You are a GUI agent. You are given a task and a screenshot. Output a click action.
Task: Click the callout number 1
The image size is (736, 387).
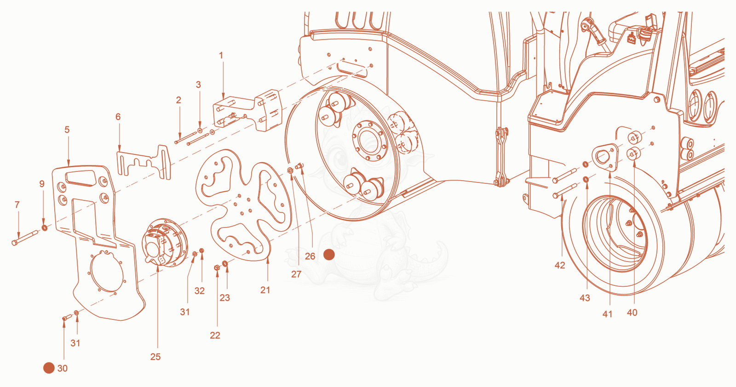[221, 56]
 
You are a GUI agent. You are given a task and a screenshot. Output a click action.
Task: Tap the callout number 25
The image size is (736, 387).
[155, 357]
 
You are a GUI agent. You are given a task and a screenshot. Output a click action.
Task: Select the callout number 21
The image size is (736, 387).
[265, 290]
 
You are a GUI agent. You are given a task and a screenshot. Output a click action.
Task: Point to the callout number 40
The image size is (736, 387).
[632, 313]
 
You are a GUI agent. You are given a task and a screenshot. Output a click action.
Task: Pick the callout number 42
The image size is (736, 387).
[560, 265]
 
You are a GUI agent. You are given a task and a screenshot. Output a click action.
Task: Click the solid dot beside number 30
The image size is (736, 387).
[49, 368]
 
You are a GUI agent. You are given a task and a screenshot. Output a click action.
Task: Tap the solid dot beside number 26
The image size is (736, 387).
[329, 254]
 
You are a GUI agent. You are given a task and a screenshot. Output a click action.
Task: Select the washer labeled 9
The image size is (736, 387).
[44, 228]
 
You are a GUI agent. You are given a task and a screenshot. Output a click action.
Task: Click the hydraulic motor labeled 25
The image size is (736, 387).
[165, 242]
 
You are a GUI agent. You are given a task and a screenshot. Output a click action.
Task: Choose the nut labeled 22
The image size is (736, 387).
[217, 268]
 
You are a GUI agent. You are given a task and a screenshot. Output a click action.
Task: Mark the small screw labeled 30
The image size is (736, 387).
[67, 318]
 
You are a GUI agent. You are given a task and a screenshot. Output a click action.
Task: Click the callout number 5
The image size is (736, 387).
[67, 130]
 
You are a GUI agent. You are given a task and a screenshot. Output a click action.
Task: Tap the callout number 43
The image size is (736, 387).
[585, 298]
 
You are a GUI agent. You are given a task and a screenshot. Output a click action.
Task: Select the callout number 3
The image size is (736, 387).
[198, 85]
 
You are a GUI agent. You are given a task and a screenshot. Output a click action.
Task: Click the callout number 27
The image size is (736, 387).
[296, 274]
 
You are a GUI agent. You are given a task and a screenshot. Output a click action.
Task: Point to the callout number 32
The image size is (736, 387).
[200, 291]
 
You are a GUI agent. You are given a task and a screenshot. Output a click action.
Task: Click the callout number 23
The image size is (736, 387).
[225, 298]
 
